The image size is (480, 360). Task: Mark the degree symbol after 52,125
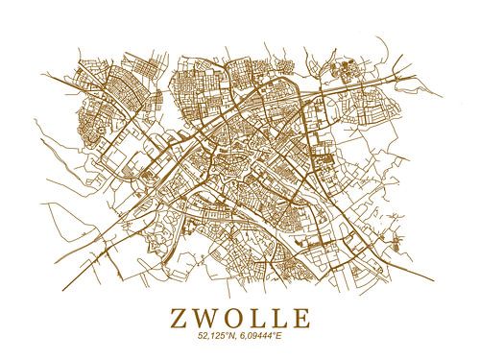228,333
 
